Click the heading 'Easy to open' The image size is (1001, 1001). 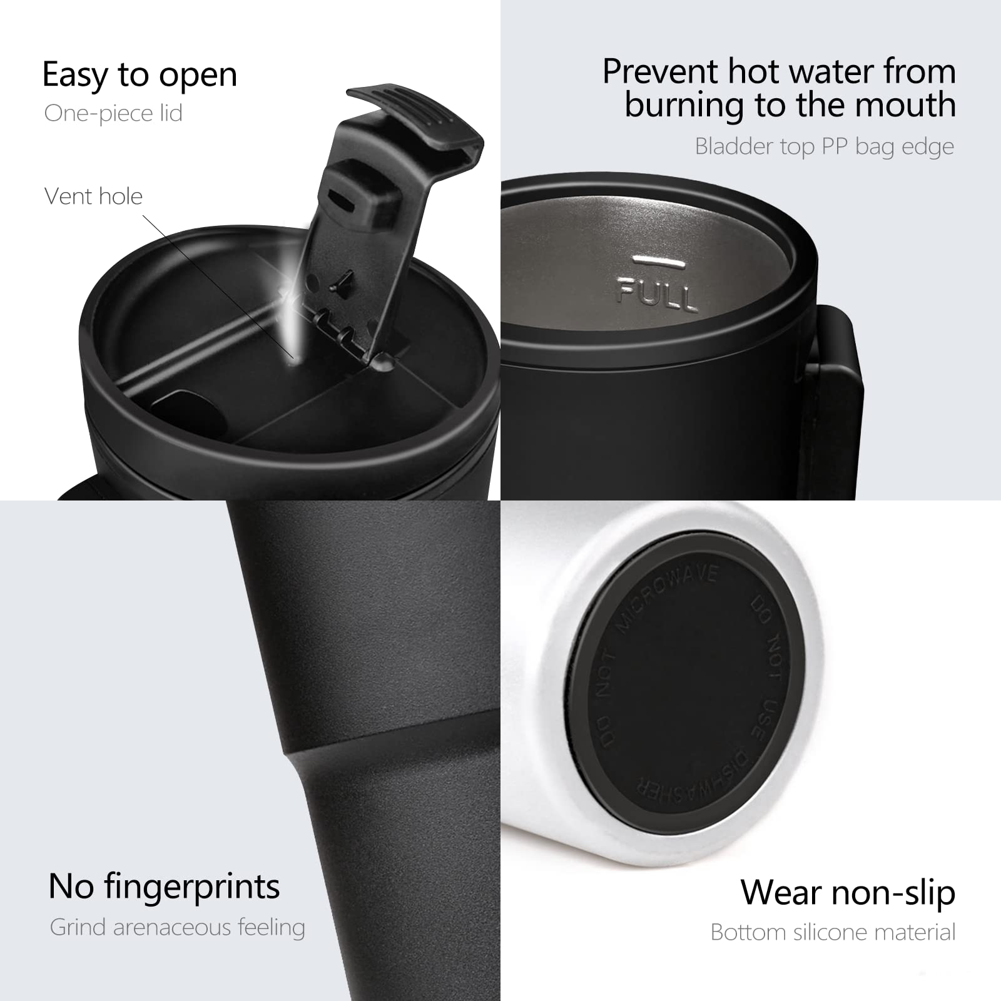(x=140, y=75)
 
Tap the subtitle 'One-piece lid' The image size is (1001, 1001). (x=113, y=113)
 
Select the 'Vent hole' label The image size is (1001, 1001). (x=94, y=196)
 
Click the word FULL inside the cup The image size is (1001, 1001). (x=657, y=294)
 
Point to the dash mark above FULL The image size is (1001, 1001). (x=651, y=258)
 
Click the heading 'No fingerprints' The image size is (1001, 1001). (x=164, y=887)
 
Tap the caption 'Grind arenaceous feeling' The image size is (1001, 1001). (x=177, y=927)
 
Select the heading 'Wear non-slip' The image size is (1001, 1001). (x=848, y=892)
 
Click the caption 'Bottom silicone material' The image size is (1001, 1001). (x=833, y=932)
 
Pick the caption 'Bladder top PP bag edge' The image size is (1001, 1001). (x=824, y=146)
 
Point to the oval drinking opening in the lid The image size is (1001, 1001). (x=188, y=413)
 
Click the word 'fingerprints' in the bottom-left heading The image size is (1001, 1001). (x=192, y=887)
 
